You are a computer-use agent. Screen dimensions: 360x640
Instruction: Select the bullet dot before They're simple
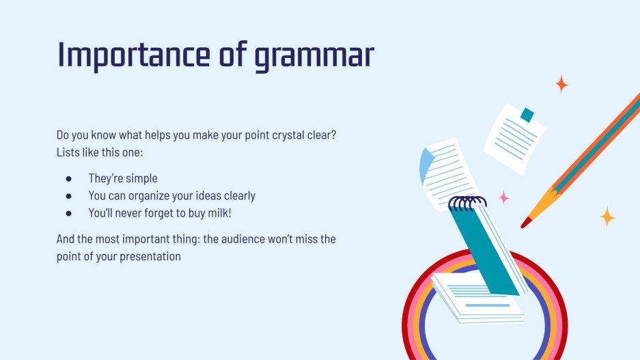point(68,179)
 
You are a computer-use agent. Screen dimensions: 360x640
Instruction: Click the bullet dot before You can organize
point(68,196)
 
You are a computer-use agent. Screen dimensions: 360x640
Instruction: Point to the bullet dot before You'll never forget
point(68,213)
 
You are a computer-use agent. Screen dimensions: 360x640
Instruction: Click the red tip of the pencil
point(525,223)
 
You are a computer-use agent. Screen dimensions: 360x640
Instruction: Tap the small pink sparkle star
point(504,197)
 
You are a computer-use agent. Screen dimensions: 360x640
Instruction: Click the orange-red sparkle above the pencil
point(561,84)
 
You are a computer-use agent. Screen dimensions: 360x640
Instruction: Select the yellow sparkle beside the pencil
point(607,217)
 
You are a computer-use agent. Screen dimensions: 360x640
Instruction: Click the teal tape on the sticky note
point(527,115)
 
